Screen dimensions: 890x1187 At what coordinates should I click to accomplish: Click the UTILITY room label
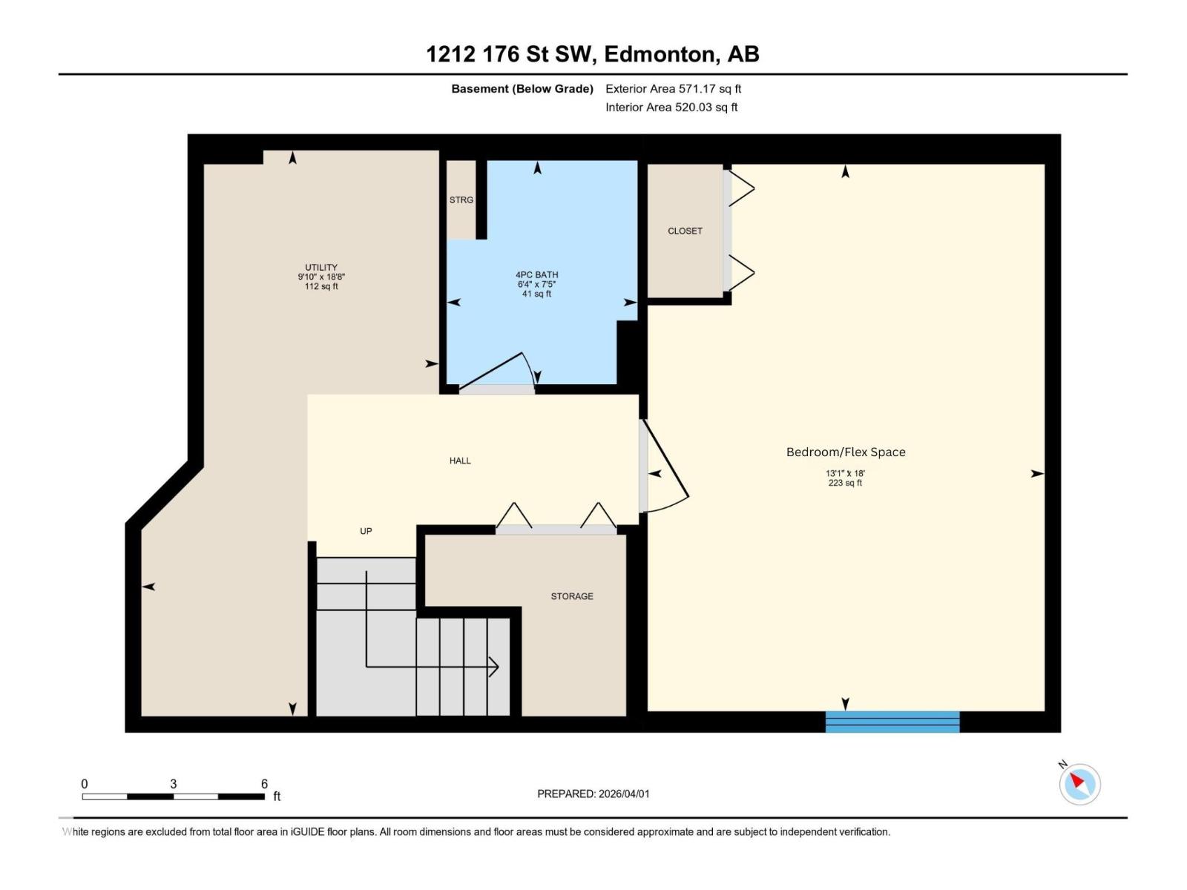pyautogui.click(x=321, y=268)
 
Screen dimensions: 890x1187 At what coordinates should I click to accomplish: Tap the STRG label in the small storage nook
pyautogui.click(x=461, y=200)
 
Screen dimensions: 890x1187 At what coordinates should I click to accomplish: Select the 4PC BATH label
pyautogui.click(x=536, y=275)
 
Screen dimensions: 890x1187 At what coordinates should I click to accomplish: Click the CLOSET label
pyautogui.click(x=685, y=231)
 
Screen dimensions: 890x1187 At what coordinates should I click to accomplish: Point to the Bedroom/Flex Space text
pyautogui.click(x=846, y=452)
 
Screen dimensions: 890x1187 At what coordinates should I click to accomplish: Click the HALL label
pyautogui.click(x=460, y=461)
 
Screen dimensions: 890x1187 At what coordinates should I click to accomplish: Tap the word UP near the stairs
pyautogui.click(x=366, y=531)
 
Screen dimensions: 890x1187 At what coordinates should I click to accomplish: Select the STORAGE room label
pyautogui.click(x=572, y=596)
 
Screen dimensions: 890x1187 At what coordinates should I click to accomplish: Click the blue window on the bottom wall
pyautogui.click(x=892, y=722)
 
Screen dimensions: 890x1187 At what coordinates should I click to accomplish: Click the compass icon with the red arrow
pyautogui.click(x=1079, y=784)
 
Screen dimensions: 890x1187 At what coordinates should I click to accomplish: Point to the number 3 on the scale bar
pyautogui.click(x=173, y=784)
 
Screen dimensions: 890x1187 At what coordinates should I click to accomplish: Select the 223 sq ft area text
pyautogui.click(x=845, y=484)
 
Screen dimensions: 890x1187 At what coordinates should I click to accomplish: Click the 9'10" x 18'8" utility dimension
pyautogui.click(x=321, y=277)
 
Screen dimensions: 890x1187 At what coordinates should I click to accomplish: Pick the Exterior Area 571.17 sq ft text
pyautogui.click(x=673, y=89)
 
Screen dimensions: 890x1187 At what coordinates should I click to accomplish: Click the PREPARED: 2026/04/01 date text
pyautogui.click(x=593, y=794)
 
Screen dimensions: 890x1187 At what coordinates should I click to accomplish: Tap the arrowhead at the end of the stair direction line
pyautogui.click(x=493, y=667)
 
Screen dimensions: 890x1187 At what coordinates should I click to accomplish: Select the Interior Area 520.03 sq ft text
pyautogui.click(x=671, y=108)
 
